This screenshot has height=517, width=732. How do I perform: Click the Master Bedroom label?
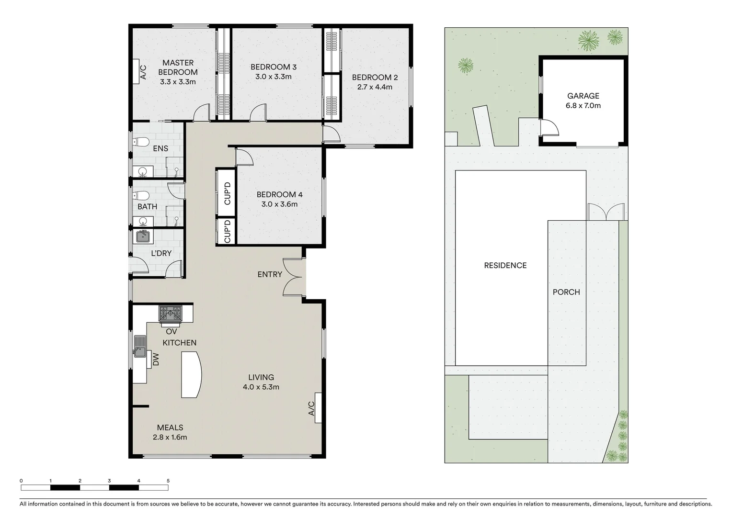(178, 67)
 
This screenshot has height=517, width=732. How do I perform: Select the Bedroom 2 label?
(375, 77)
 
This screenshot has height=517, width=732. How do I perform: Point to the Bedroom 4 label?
(279, 194)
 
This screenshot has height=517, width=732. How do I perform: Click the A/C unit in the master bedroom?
(136, 72)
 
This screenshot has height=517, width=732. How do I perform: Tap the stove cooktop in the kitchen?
(171, 313)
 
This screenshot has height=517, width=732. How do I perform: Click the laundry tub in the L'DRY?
(143, 236)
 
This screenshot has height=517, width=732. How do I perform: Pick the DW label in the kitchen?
(155, 359)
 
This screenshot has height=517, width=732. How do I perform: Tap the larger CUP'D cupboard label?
(227, 193)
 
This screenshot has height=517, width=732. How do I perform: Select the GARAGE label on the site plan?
(583, 96)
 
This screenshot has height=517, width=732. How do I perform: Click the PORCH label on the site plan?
(566, 292)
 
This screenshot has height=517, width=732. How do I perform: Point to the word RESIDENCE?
(505, 265)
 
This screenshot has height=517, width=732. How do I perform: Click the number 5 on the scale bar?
(168, 481)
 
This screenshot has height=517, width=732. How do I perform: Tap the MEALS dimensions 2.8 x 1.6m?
(170, 437)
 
